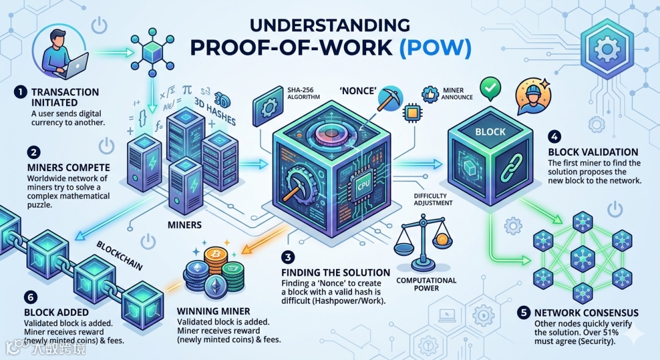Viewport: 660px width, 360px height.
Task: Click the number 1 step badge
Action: tap(20, 92)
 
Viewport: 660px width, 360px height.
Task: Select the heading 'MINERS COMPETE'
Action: tap(69, 167)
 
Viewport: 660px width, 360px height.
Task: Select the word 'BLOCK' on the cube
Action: tap(490, 131)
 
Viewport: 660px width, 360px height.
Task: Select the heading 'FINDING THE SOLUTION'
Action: tap(335, 273)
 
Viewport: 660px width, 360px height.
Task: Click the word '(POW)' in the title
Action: tap(436, 49)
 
